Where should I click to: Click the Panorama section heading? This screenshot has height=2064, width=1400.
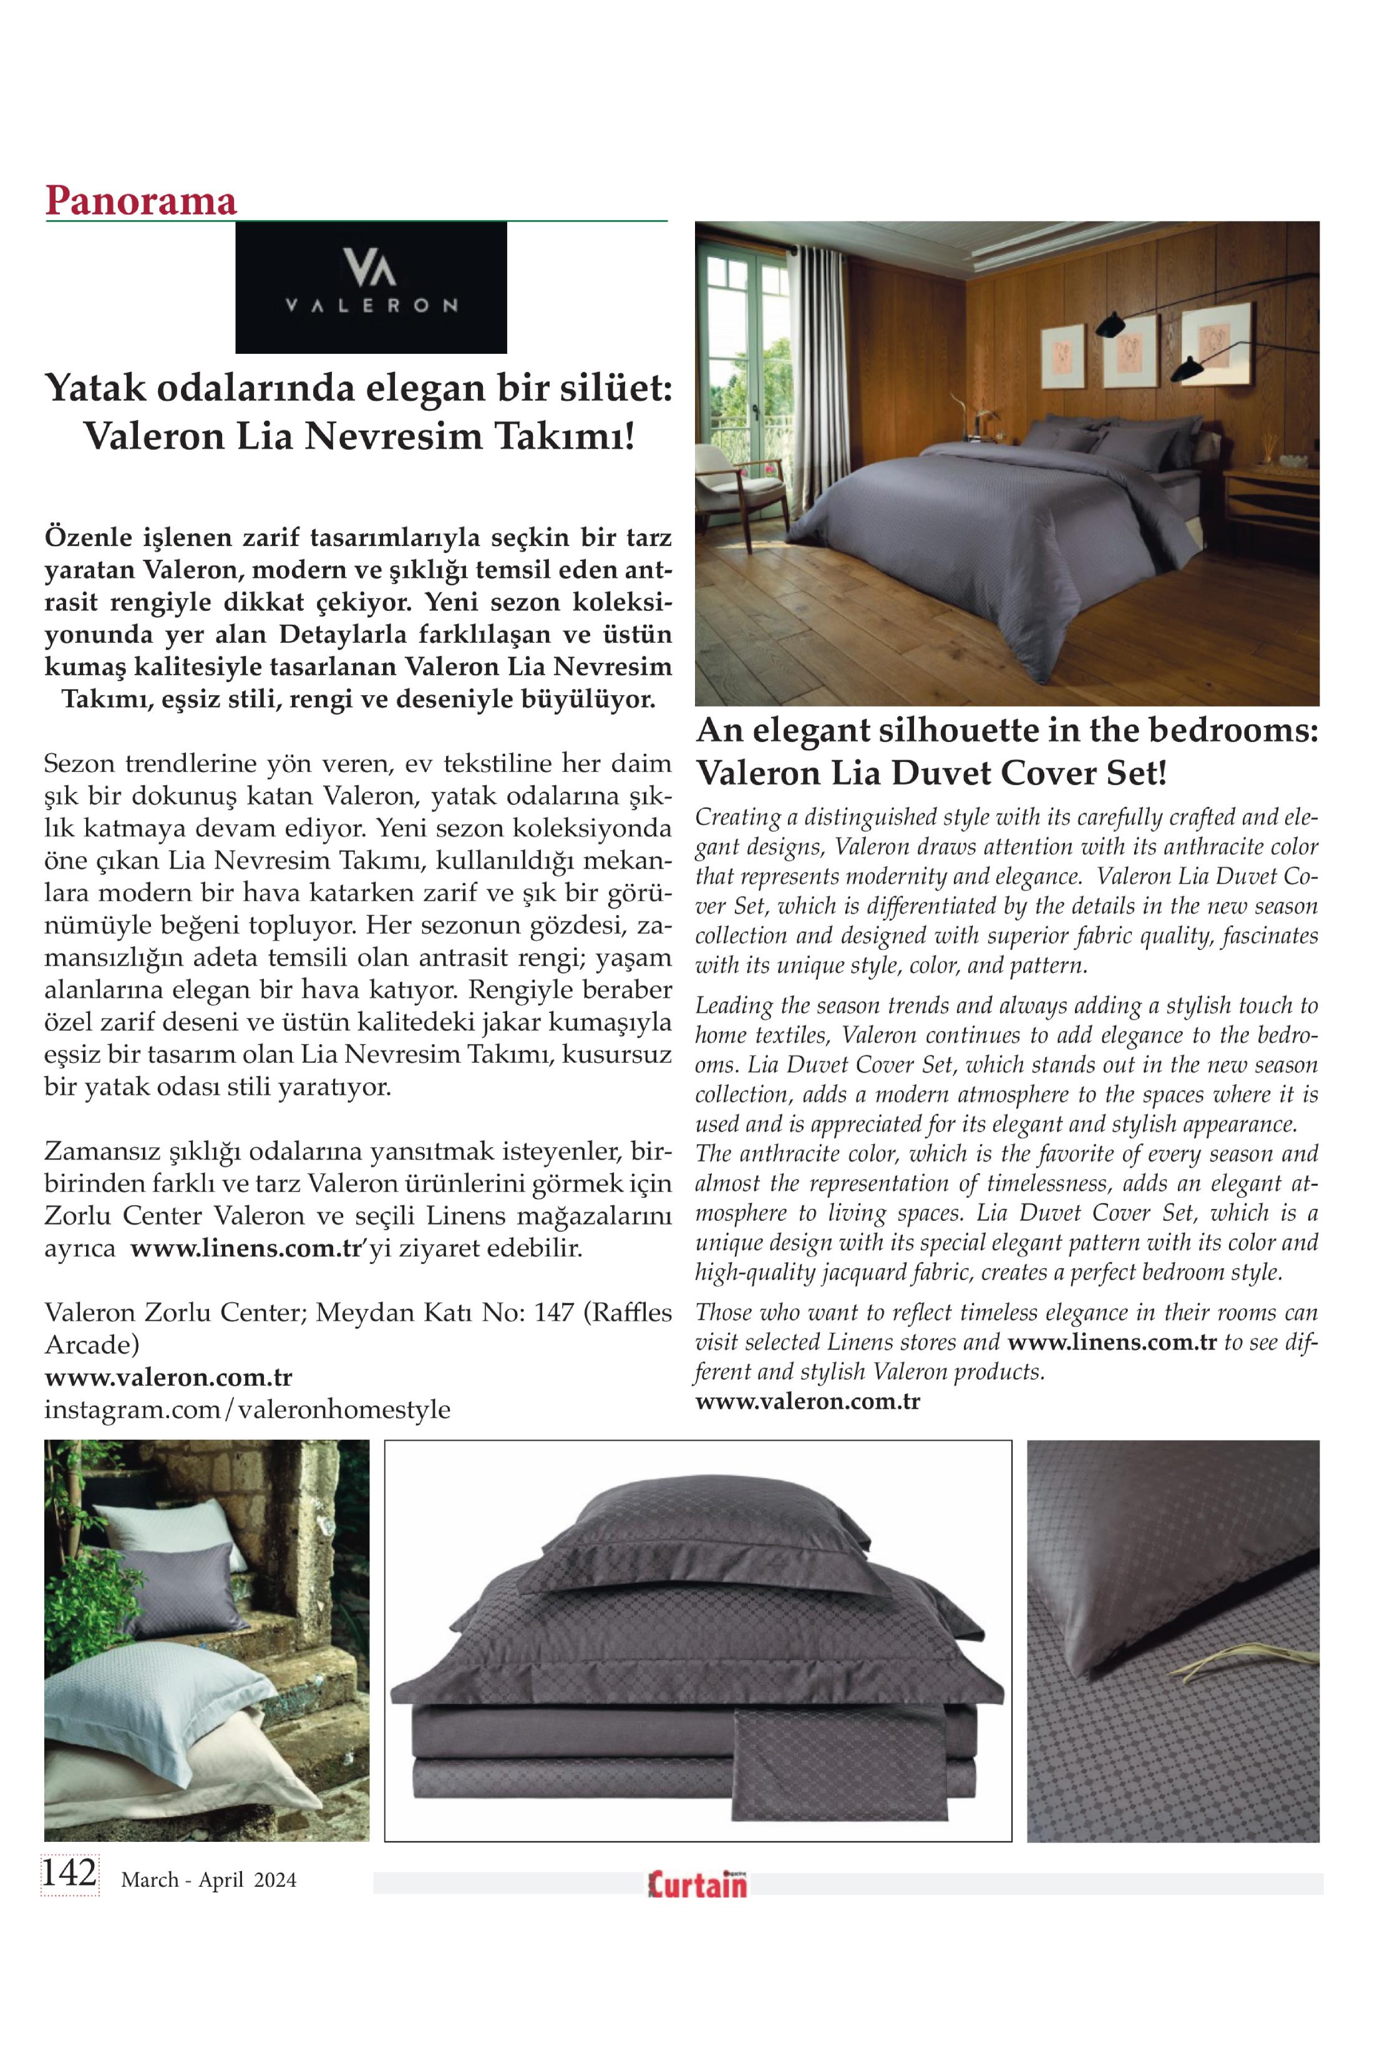(141, 201)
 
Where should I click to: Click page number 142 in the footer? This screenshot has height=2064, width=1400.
(69, 1872)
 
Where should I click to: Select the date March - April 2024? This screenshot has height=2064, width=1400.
(208, 1879)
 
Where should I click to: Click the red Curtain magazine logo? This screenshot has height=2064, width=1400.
(697, 1883)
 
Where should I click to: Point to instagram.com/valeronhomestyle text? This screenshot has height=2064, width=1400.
(247, 1409)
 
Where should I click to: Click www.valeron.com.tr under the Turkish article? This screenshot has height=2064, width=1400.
(168, 1377)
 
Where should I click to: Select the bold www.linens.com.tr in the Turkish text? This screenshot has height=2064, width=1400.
(246, 1248)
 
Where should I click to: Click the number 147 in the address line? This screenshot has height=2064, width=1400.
(553, 1312)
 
